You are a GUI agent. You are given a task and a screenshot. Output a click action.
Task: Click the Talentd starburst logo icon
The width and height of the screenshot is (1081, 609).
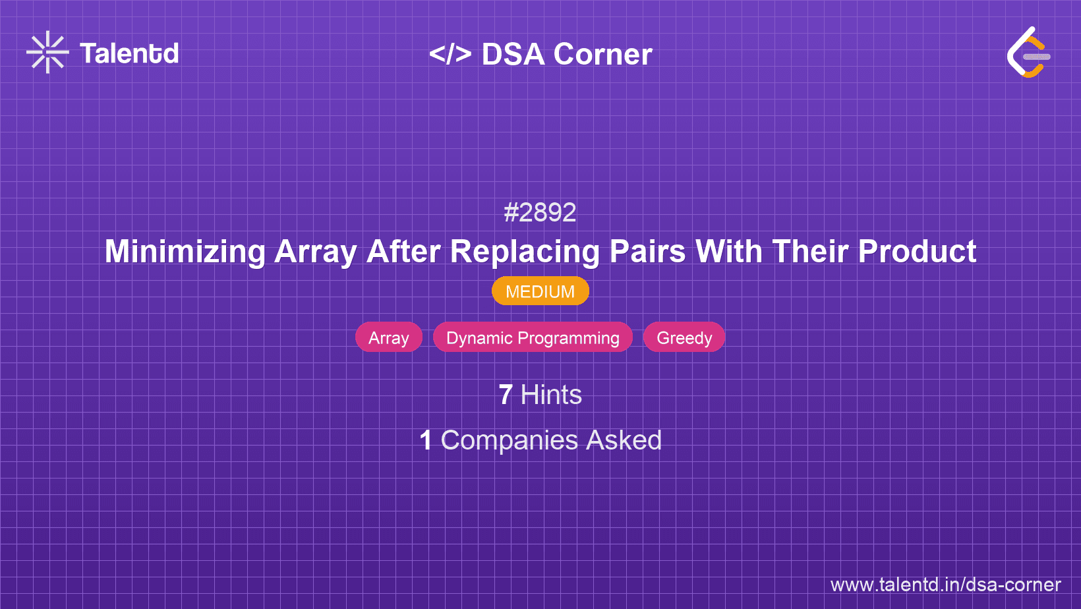point(47,53)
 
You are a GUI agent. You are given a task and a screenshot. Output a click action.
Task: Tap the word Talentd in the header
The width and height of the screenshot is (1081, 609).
point(129,53)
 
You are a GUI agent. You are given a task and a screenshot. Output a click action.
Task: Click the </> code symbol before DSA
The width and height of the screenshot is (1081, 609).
point(450,54)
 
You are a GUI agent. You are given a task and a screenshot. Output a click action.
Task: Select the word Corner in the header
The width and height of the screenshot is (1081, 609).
point(603,54)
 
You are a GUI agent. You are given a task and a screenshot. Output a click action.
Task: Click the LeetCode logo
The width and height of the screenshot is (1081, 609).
point(1028,53)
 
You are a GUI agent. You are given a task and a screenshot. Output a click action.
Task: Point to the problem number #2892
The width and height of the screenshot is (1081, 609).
point(540,212)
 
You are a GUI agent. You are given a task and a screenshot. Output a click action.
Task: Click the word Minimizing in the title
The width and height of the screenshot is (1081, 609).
point(185,252)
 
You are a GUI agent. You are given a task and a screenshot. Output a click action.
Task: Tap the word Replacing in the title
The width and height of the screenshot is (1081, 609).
point(525,252)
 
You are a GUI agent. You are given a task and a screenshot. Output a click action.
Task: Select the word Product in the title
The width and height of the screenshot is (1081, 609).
point(917,252)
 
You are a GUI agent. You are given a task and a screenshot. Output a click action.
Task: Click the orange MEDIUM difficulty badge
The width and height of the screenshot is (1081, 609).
point(540,291)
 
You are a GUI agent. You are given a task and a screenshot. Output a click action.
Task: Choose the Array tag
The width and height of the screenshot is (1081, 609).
point(389,337)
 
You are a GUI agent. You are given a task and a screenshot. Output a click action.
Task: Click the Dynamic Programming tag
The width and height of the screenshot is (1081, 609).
point(533,337)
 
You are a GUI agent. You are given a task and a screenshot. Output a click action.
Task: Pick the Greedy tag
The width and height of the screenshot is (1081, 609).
point(684,337)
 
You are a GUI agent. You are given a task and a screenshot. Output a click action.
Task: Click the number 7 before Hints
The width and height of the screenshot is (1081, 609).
point(506,395)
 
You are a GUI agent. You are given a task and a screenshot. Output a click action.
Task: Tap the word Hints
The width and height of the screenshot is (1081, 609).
point(551,395)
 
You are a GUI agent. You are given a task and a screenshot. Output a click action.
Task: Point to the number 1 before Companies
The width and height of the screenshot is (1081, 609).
point(426,440)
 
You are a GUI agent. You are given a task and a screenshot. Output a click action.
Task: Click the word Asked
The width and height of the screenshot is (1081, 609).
point(624,440)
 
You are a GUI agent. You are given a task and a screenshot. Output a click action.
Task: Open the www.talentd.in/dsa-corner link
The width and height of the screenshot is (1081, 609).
point(945,585)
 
